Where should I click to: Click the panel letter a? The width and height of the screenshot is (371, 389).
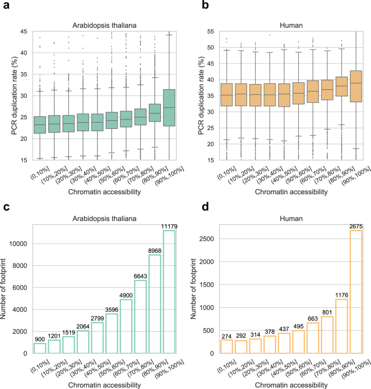[6, 5]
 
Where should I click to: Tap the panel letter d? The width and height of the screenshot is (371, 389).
[205, 206]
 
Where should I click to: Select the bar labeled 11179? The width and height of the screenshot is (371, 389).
[169, 292]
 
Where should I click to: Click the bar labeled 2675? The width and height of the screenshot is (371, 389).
[356, 292]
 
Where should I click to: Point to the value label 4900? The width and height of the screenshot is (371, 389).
[126, 295]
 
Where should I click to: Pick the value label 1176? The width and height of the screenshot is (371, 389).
[341, 295]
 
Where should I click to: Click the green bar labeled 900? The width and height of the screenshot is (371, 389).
[40, 348]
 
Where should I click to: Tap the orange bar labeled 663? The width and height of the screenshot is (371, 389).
[312, 338]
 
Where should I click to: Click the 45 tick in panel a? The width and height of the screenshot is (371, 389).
[24, 31]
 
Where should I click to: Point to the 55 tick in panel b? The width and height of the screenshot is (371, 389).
[210, 31]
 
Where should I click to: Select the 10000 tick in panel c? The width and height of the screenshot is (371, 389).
[18, 244]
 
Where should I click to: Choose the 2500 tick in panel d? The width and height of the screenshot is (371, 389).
[207, 239]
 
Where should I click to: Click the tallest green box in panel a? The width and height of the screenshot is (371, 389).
[169, 108]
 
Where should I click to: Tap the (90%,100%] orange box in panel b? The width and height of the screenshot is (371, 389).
[356, 86]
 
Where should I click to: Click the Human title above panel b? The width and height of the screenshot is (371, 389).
[291, 26]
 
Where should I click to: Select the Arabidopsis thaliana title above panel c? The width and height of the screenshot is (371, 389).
[105, 219]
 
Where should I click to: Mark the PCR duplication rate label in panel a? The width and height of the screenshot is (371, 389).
[14, 96]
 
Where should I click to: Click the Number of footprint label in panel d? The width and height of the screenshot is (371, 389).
[193, 289]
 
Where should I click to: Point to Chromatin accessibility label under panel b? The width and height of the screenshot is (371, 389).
[291, 192]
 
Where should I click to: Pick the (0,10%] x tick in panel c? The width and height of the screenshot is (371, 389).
[40, 366]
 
